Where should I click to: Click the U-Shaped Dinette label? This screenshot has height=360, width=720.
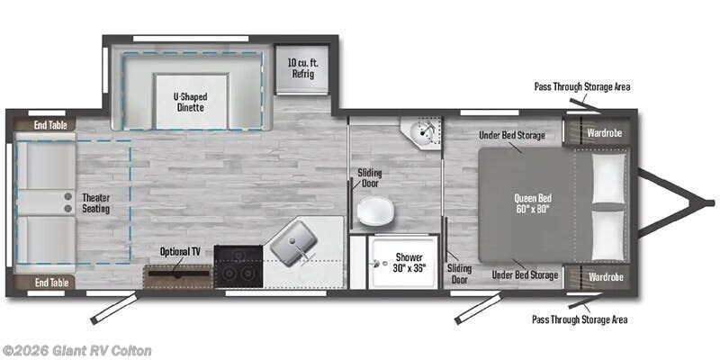pyautogui.click(x=189, y=100)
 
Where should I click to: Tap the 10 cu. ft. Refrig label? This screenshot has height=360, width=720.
pyautogui.click(x=301, y=67)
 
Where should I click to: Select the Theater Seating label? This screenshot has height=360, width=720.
pyautogui.click(x=95, y=203)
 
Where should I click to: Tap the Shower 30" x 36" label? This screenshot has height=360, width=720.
pyautogui.click(x=408, y=263)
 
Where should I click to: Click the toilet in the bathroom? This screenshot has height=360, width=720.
pyautogui.click(x=374, y=212)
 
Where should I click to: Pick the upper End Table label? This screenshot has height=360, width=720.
pyautogui.click(x=52, y=125)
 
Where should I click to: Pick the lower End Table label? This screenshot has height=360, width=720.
pyautogui.click(x=52, y=283)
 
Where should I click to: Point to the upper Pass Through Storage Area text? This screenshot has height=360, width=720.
pyautogui.click(x=581, y=87)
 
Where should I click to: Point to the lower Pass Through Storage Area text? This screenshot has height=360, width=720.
pyautogui.click(x=579, y=319)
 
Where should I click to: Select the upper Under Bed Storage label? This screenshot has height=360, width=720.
pyautogui.click(x=513, y=135)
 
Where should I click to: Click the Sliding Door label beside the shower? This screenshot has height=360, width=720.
pyautogui.click(x=460, y=273)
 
